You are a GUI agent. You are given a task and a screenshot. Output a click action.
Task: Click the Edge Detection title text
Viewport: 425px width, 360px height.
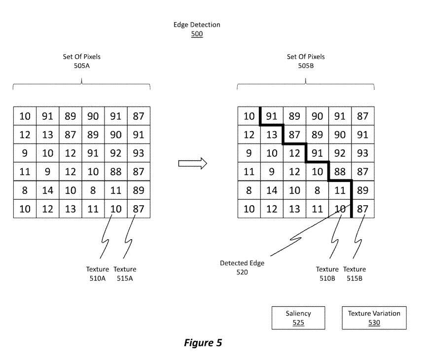[197, 25]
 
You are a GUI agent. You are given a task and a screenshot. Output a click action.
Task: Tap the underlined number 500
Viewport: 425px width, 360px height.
[197, 35]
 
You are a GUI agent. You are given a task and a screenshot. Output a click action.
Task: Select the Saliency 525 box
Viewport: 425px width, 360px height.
[298, 318]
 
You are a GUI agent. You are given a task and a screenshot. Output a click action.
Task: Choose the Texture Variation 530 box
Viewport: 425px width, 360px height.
[374, 318]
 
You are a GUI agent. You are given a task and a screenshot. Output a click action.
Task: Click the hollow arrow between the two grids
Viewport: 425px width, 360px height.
[192, 163]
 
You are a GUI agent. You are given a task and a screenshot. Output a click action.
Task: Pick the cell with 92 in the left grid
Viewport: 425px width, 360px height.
[116, 153]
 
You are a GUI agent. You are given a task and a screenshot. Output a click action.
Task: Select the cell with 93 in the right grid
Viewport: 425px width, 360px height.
[362, 153]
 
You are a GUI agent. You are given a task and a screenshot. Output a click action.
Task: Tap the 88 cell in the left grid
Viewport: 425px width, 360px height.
[116, 172]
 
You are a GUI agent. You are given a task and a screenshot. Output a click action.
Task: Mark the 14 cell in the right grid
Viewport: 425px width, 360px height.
[272, 190]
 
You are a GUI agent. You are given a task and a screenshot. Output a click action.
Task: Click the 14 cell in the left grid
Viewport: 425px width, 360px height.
[47, 190]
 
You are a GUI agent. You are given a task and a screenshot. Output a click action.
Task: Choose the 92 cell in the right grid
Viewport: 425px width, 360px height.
[340, 153]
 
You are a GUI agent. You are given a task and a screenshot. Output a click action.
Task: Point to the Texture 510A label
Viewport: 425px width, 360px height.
[98, 273]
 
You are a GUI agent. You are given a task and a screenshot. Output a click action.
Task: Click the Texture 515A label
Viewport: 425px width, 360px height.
[125, 273]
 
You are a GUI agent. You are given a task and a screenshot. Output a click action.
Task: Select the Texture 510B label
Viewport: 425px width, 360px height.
[327, 273]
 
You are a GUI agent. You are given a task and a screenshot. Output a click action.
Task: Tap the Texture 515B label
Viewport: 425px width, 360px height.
[354, 273]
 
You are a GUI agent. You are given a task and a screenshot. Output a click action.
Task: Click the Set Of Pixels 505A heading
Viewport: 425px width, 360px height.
[81, 61]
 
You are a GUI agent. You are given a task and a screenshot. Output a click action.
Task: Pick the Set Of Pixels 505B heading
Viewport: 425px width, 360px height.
[306, 61]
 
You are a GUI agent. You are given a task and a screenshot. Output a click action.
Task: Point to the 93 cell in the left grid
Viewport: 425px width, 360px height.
[139, 153]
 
